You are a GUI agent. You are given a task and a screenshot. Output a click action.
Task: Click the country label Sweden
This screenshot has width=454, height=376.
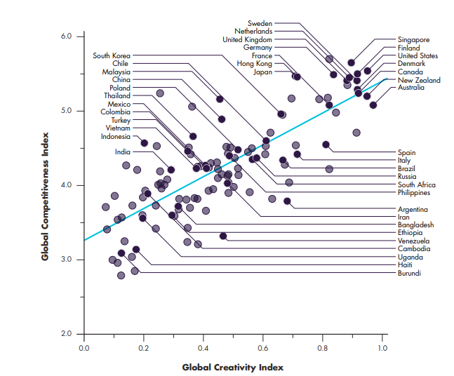260,23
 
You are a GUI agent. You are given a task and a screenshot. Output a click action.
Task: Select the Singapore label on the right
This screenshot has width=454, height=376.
414,40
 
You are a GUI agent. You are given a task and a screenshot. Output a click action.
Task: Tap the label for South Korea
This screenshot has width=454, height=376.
111,55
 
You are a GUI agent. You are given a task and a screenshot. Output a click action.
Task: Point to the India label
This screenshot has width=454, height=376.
123,152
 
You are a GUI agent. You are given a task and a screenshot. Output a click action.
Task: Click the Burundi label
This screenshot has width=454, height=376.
410,273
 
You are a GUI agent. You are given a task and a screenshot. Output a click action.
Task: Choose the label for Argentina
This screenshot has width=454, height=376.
414,209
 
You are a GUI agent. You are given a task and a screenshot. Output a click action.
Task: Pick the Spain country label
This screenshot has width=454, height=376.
407,152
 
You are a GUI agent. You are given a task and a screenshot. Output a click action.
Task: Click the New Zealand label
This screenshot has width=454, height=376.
419,80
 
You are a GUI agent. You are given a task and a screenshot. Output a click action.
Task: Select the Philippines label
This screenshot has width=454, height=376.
415,192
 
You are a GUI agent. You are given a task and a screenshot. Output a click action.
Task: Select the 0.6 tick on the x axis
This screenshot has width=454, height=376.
263,347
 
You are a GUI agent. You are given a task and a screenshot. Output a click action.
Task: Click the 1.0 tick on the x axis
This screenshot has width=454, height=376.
382,347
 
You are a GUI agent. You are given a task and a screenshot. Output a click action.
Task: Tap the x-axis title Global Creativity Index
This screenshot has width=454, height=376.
233,366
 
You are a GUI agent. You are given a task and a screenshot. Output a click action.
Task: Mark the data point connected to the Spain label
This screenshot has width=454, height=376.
326,145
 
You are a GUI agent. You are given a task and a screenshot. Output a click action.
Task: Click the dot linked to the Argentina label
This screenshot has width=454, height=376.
287,201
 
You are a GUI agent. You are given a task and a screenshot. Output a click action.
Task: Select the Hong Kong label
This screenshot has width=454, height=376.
254,64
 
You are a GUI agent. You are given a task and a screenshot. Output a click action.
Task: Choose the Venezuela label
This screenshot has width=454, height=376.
414,241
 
